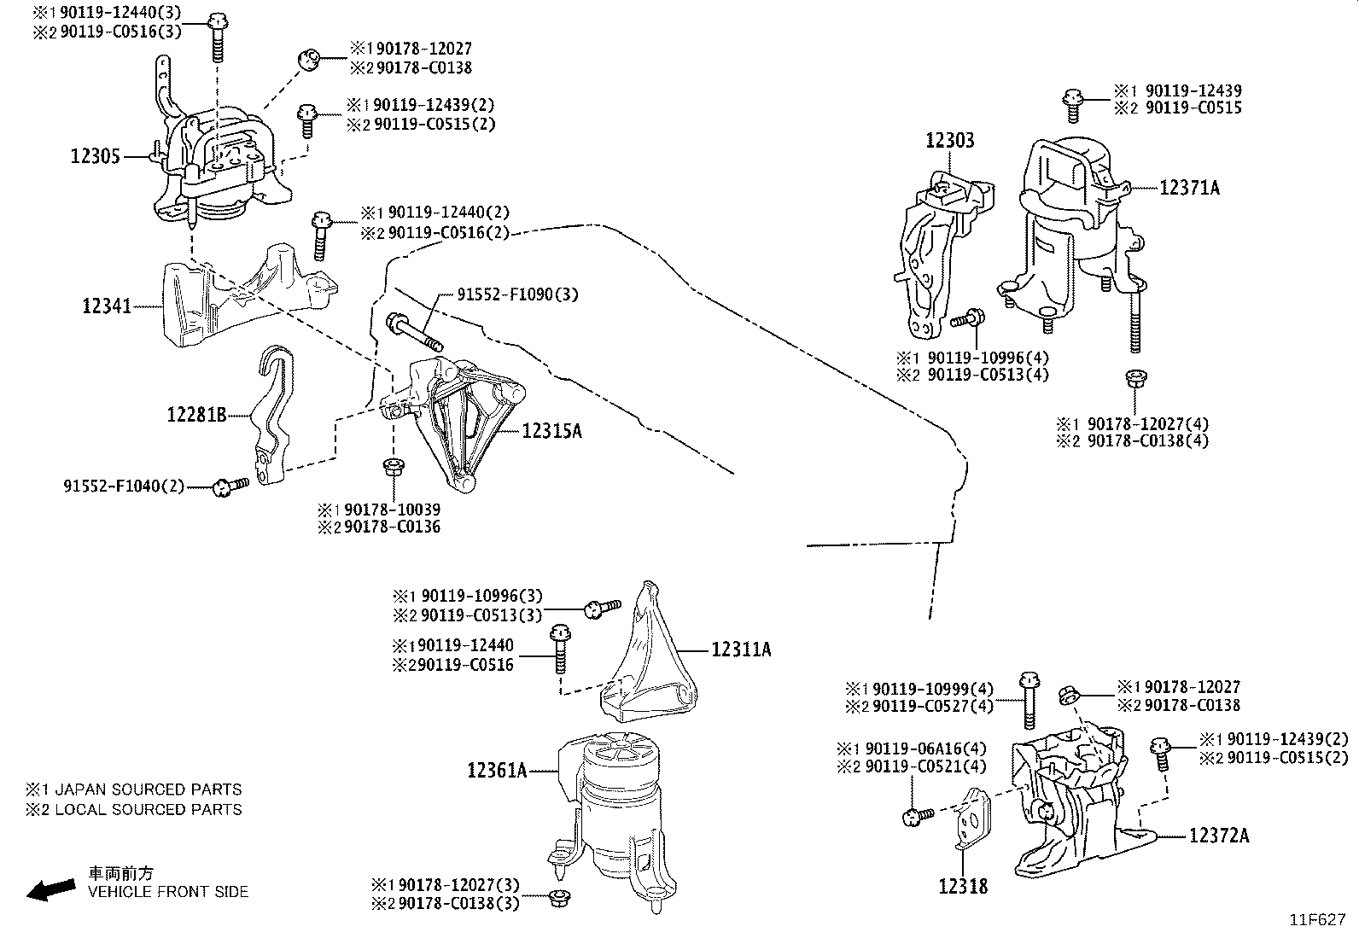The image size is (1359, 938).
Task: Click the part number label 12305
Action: [x=95, y=157]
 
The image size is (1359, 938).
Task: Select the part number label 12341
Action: [x=107, y=306]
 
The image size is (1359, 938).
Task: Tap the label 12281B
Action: [x=196, y=416]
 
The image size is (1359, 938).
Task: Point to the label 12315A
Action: [x=551, y=432]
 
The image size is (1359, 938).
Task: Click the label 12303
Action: [x=949, y=141]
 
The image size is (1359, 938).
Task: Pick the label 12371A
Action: [x=1189, y=189]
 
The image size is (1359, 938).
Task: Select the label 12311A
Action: [x=740, y=650]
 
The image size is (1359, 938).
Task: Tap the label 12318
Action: [x=962, y=887]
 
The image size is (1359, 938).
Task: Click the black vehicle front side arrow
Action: [x=50, y=890]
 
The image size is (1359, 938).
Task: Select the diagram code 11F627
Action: [x=1317, y=921]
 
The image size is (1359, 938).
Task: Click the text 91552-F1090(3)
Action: [x=517, y=295]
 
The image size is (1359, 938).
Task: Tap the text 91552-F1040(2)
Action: [x=124, y=486]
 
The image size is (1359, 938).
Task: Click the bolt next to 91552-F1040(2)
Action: [x=230, y=486]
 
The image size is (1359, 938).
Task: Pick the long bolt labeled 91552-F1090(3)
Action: [x=414, y=333]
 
